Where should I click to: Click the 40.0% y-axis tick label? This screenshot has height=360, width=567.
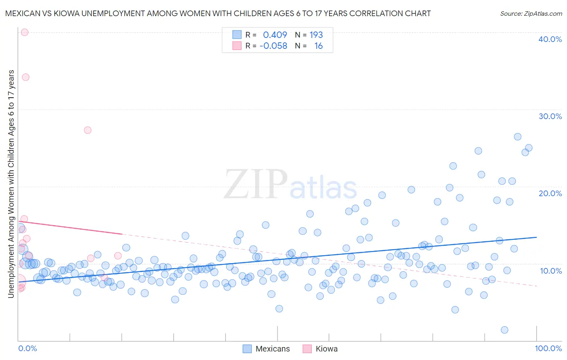(550, 39)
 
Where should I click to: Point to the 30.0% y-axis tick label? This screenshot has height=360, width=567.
(550, 116)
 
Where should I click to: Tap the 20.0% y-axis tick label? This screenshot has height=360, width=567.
(550, 193)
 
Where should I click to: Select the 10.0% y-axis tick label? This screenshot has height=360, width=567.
(551, 270)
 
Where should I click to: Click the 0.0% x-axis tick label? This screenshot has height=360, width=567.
(27, 348)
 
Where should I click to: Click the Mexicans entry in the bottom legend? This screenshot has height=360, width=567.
(266, 349)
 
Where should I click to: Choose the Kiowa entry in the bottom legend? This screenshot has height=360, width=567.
(320, 349)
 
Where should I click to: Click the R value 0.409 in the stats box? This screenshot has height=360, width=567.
(275, 35)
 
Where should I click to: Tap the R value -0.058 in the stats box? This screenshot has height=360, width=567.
(273, 46)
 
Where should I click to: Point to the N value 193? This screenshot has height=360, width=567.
(316, 35)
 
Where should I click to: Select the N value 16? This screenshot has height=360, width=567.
(319, 46)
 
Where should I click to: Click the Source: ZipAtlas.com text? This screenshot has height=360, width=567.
(531, 13)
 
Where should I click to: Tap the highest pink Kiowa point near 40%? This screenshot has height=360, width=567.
(24, 32)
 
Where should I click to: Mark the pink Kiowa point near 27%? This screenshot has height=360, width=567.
(88, 130)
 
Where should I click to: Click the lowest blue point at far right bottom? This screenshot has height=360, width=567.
(504, 330)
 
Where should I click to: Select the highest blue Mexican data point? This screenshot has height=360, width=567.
(517, 137)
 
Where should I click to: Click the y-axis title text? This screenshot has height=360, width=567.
(11, 184)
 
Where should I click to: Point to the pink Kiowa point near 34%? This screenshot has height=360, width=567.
(25, 77)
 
